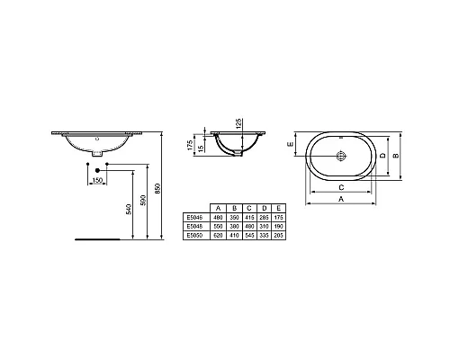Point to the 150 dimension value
tap(97, 183)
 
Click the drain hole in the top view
tap(343, 155)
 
